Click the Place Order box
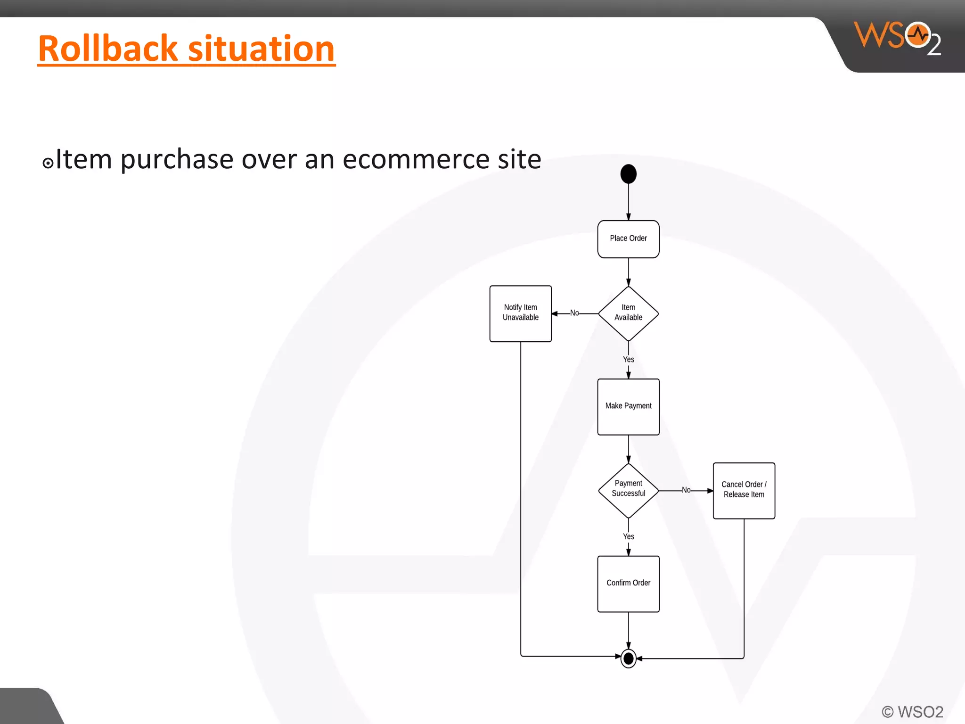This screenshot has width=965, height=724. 628,239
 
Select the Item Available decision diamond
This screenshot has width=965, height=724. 628,313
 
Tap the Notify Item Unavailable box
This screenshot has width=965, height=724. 520,313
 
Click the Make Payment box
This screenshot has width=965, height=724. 628,406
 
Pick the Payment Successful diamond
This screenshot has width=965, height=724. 628,490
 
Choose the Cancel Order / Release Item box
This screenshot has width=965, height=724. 744,490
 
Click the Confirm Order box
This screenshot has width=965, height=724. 628,584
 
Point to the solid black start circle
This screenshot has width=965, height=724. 628,174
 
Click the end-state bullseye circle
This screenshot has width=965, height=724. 628,658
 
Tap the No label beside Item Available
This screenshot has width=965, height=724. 574,313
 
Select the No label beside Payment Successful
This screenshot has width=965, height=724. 686,490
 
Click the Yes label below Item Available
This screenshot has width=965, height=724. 628,360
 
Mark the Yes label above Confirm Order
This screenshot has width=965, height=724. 628,536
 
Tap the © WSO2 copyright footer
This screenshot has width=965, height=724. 912,712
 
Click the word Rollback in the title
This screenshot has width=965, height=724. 108,49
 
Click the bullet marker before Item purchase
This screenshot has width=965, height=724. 48,163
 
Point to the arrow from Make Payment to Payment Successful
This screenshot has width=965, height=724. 628,449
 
